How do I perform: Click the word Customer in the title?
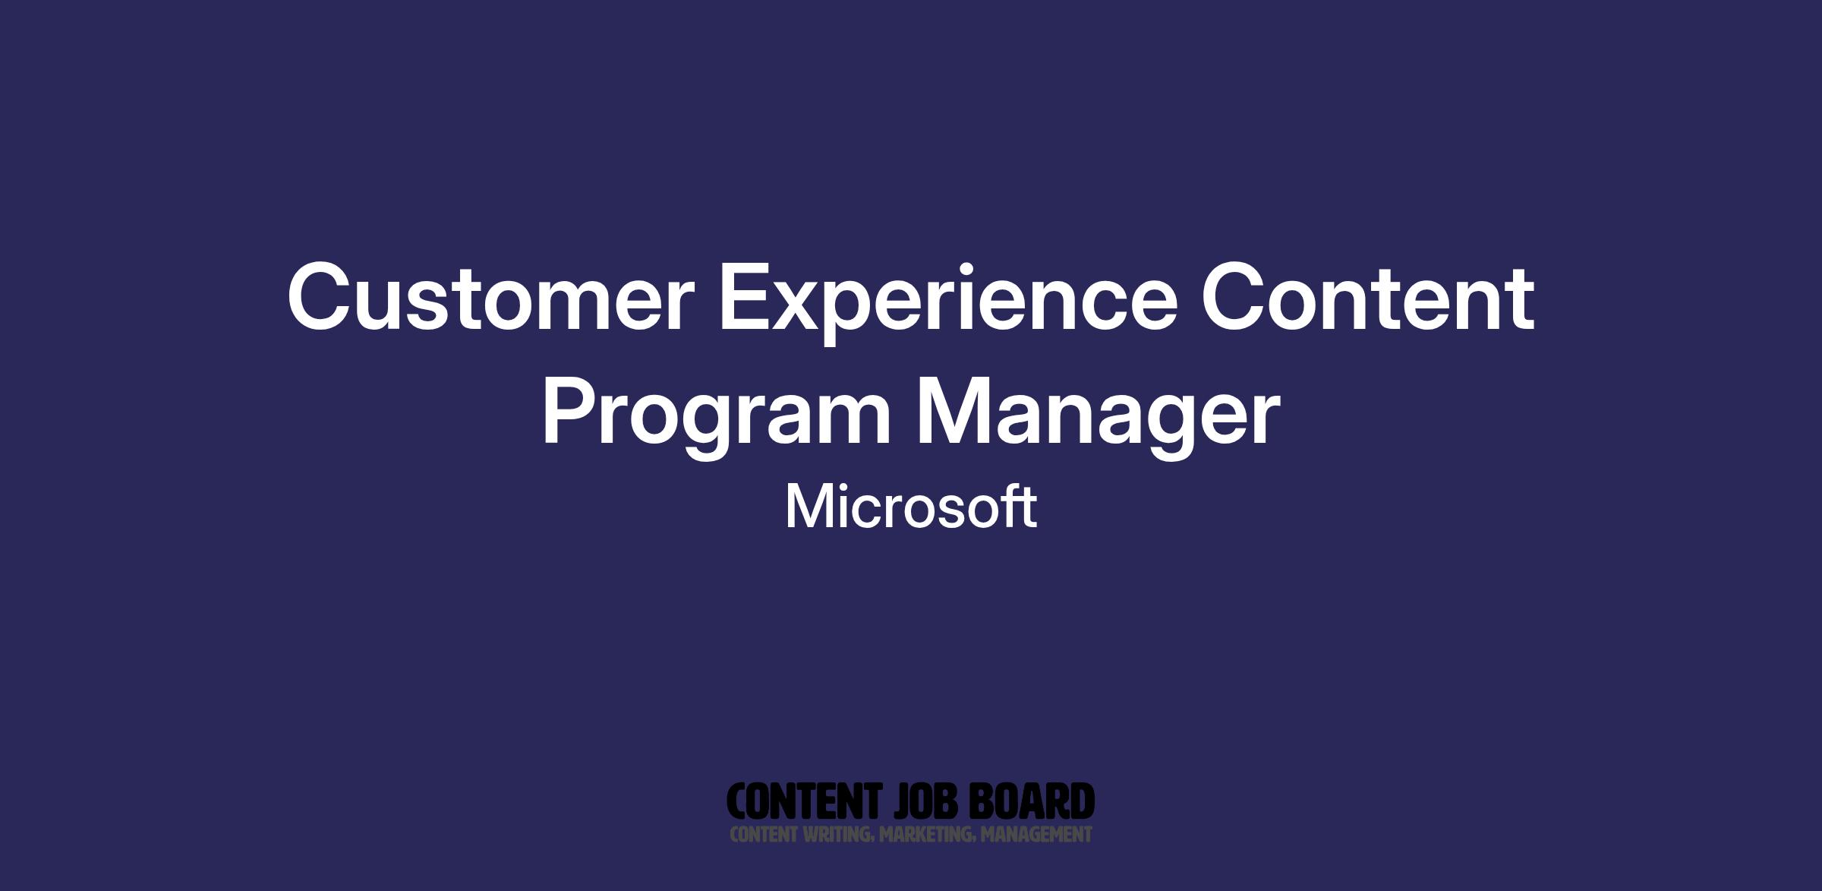coord(491,297)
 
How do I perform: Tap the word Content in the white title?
coord(1368,297)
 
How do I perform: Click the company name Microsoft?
coord(911,507)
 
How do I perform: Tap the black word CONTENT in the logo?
coord(805,802)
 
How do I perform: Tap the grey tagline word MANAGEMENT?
coord(1036,835)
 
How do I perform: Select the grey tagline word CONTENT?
coord(764,835)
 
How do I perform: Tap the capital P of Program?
coord(570,410)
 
